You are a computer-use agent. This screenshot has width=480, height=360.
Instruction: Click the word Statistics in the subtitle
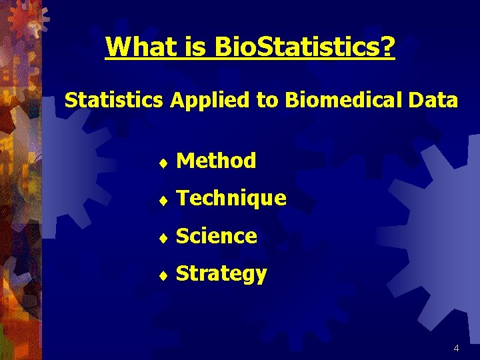pos(113,101)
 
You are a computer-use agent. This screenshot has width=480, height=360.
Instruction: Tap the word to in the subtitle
pos(267,101)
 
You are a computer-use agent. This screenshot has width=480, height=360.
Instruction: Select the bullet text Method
pos(216,161)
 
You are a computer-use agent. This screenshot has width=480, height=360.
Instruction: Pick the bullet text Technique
pos(231,199)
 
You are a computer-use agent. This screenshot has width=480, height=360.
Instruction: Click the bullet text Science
pos(217,236)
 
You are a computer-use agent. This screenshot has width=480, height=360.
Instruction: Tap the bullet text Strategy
pos(221,274)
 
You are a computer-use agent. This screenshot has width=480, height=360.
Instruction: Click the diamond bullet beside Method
pos(163,162)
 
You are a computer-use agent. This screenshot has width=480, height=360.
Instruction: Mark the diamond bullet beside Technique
pos(163,199)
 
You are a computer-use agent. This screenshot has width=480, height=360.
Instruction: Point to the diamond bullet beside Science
pos(163,237)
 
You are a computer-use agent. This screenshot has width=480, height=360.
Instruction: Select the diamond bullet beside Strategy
pos(163,275)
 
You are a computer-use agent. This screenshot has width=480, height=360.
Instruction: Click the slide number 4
pos(456,348)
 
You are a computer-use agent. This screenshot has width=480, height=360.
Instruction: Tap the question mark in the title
pos(387,47)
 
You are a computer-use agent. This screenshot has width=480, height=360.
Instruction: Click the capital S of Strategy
pos(182,273)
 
